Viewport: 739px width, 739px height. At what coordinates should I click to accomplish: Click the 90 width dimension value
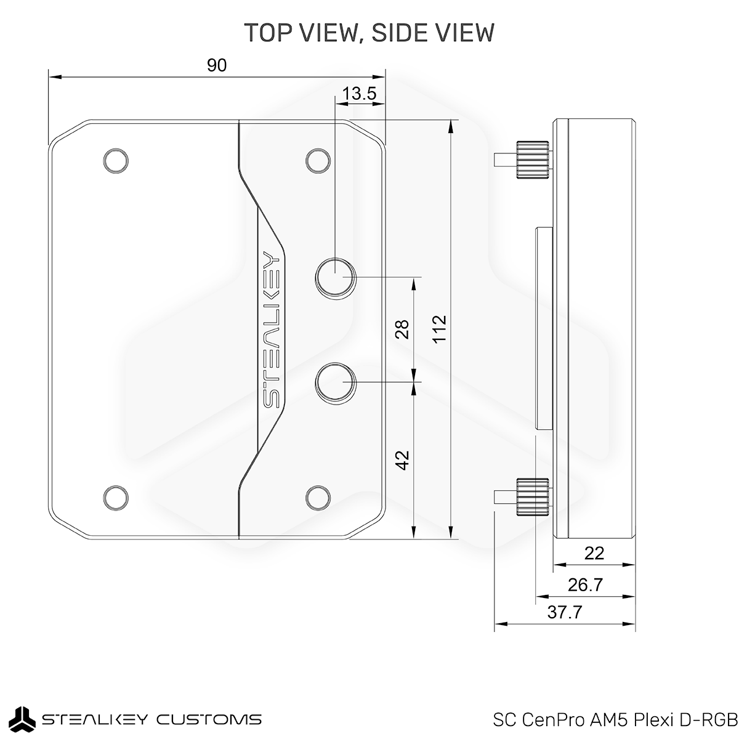point(217,65)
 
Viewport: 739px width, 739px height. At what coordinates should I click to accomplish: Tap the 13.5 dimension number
point(359,94)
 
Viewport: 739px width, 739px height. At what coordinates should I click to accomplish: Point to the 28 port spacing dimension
point(402,329)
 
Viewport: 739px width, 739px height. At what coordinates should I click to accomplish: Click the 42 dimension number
point(402,460)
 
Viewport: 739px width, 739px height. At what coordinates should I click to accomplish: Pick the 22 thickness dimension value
point(594,553)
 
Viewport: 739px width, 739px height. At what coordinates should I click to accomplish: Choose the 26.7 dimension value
point(585,585)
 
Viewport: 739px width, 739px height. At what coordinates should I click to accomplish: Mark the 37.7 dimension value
point(565,612)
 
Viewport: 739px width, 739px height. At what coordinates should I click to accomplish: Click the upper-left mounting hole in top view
point(116,161)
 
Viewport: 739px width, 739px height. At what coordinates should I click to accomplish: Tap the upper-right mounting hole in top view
point(318,161)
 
